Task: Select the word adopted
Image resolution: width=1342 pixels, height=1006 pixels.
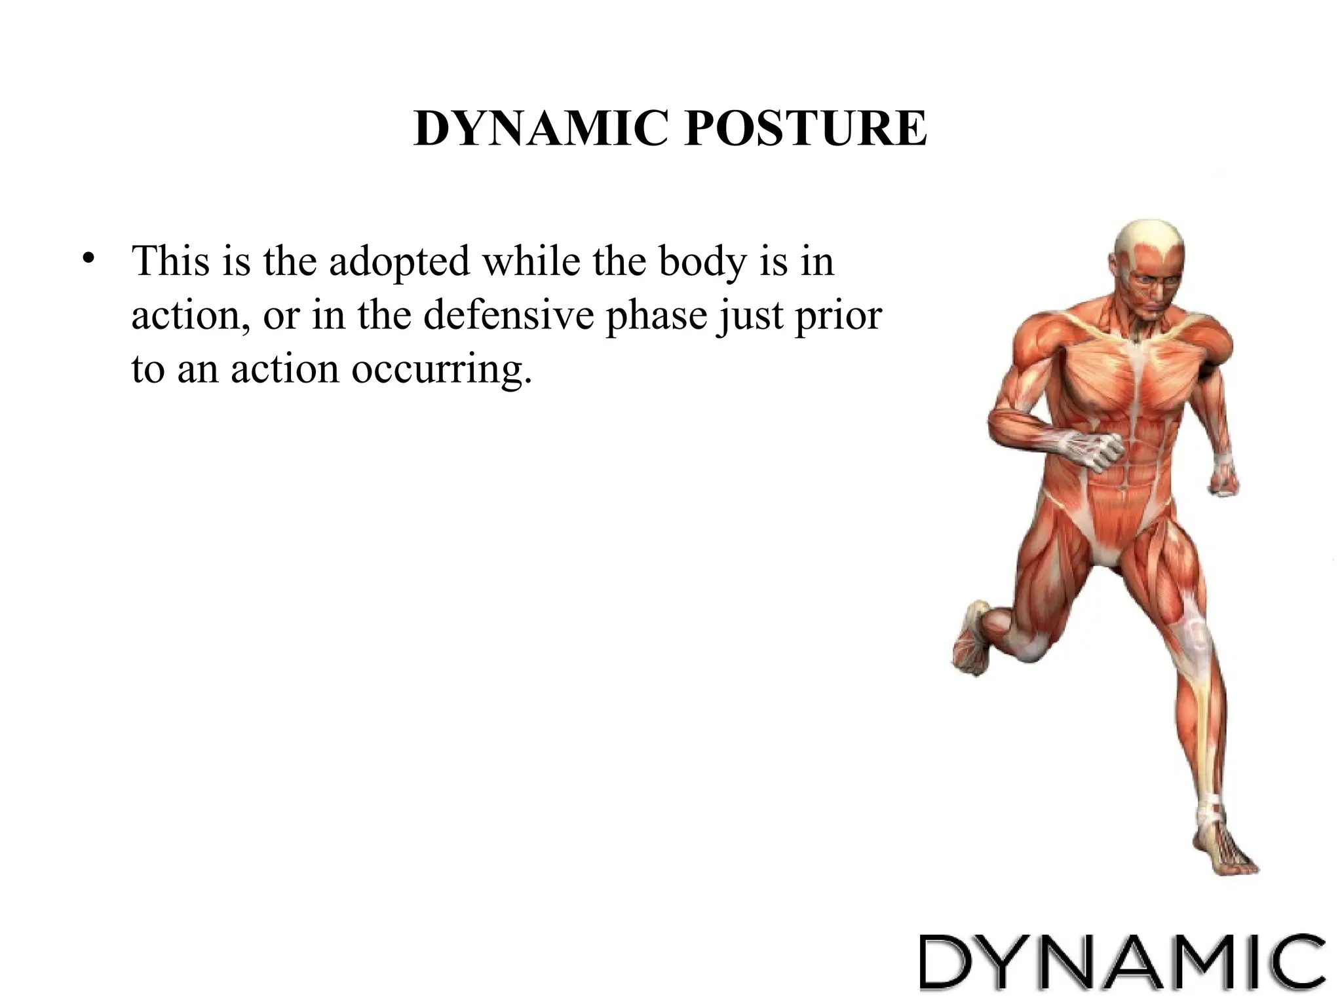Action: click(399, 263)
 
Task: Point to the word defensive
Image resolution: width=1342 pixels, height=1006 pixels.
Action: click(508, 316)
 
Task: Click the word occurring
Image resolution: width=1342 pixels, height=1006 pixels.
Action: click(441, 370)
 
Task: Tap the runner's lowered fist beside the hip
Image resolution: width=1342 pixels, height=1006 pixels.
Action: click(1221, 481)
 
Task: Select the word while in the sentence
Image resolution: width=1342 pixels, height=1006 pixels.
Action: click(531, 261)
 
